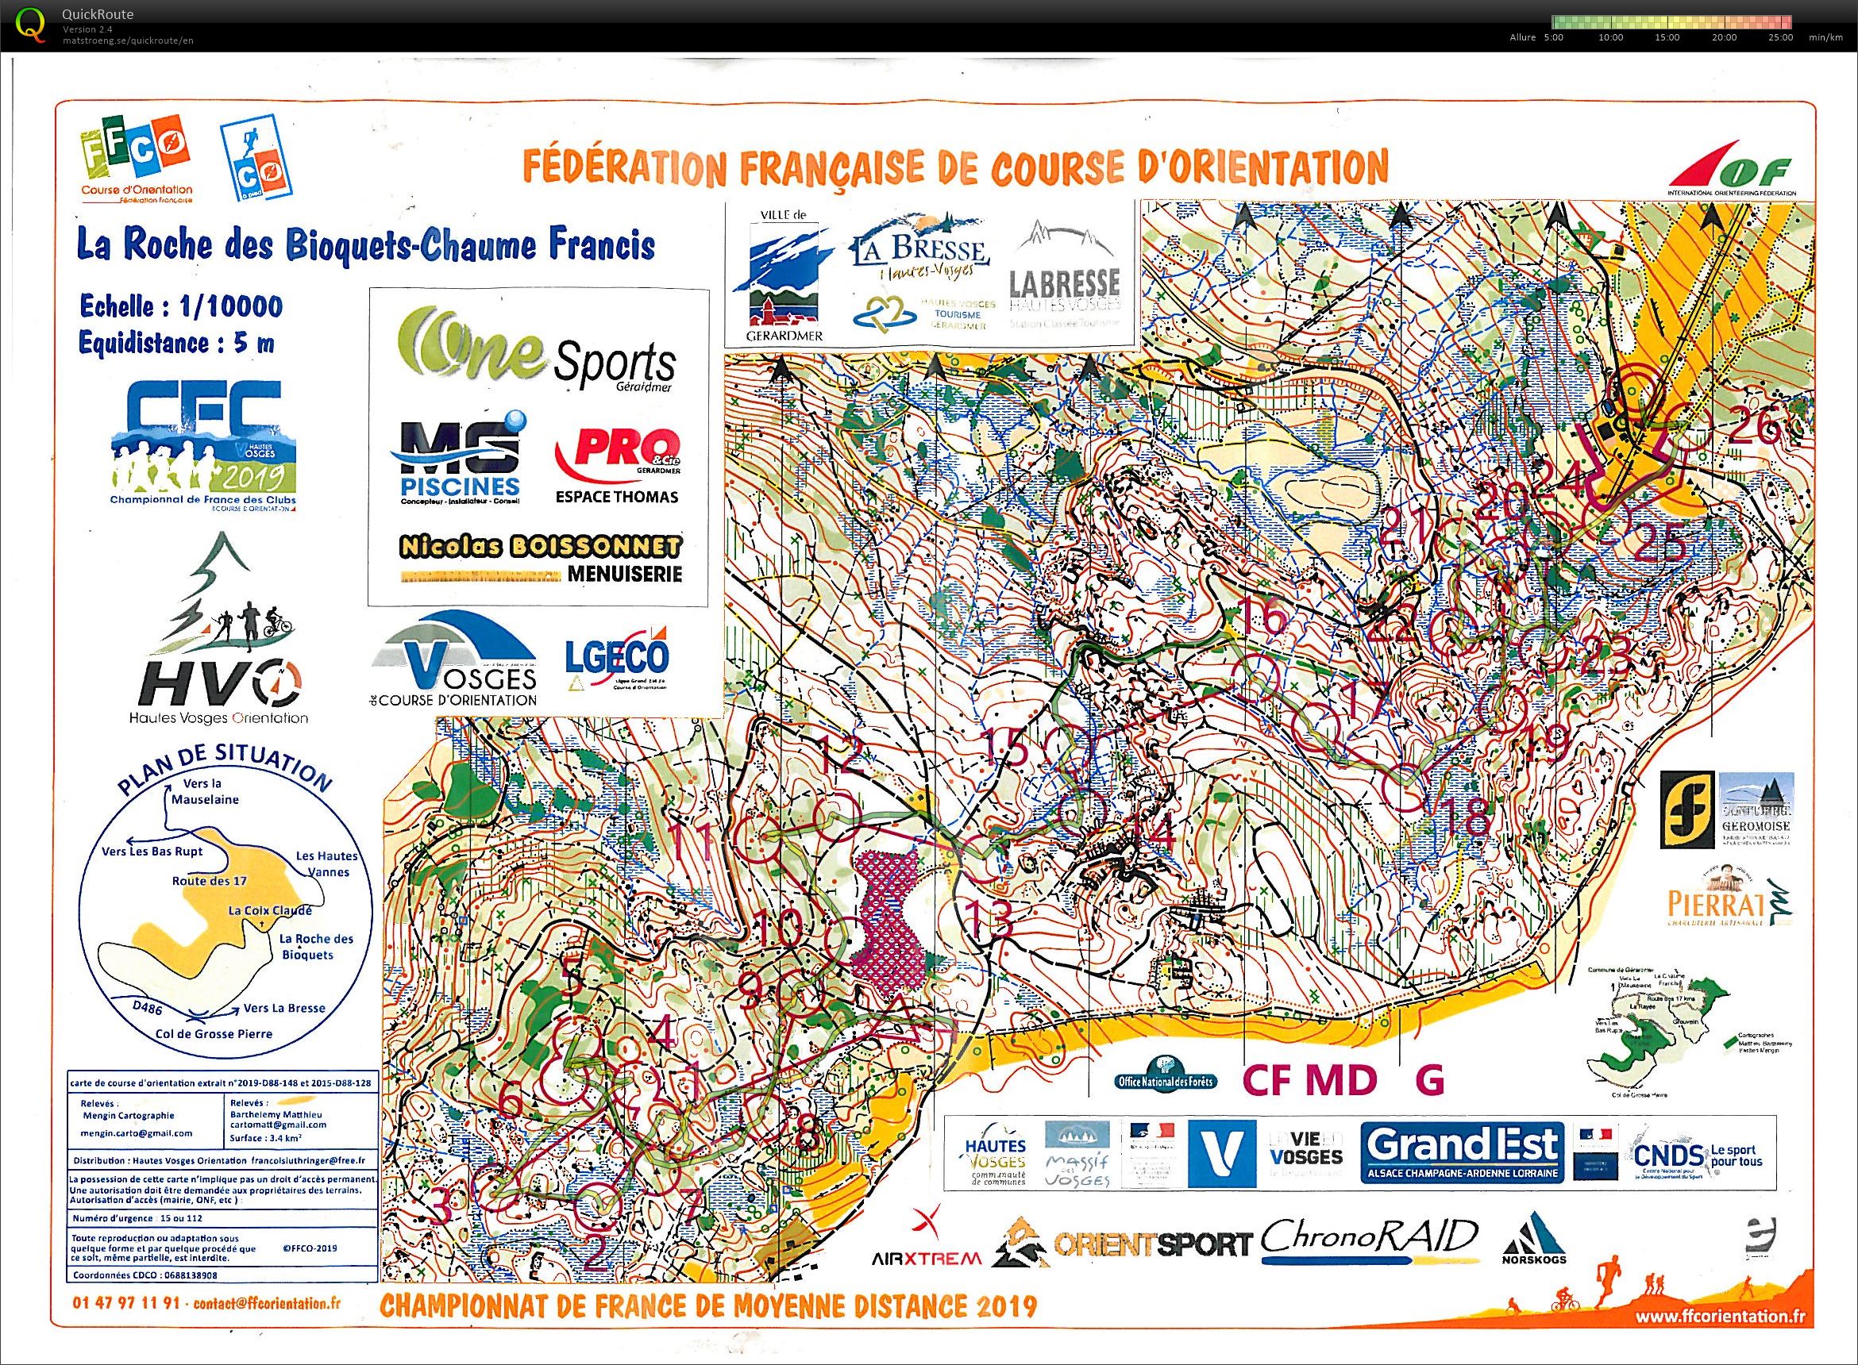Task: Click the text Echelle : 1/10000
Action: (180, 306)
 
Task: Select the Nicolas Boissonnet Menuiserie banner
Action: (542, 559)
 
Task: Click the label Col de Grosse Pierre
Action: (216, 1033)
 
